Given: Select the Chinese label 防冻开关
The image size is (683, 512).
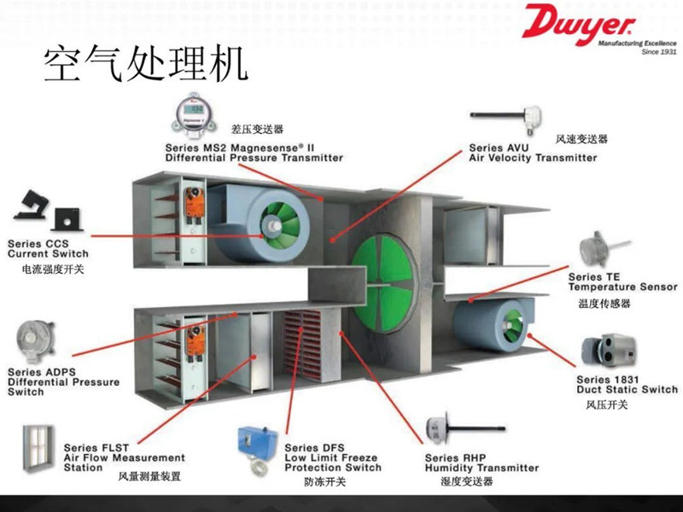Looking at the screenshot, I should [324, 482].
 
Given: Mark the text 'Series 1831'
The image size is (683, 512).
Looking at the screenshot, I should [608, 378].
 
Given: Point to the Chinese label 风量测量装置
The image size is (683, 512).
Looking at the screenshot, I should [149, 476].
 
